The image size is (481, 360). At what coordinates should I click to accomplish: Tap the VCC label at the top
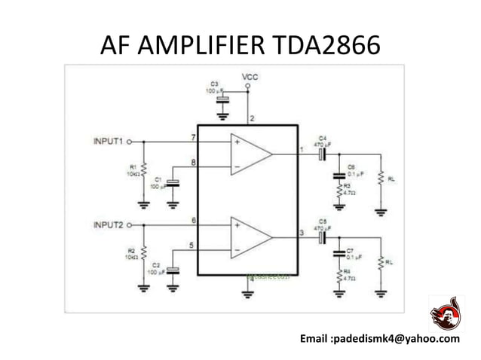coord(250,77)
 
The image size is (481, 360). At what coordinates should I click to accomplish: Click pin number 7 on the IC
coord(193,136)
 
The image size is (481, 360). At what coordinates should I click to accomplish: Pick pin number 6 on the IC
coord(193,220)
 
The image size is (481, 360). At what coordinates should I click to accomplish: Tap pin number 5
coord(193,245)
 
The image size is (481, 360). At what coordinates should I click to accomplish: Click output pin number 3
coord(302,233)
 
